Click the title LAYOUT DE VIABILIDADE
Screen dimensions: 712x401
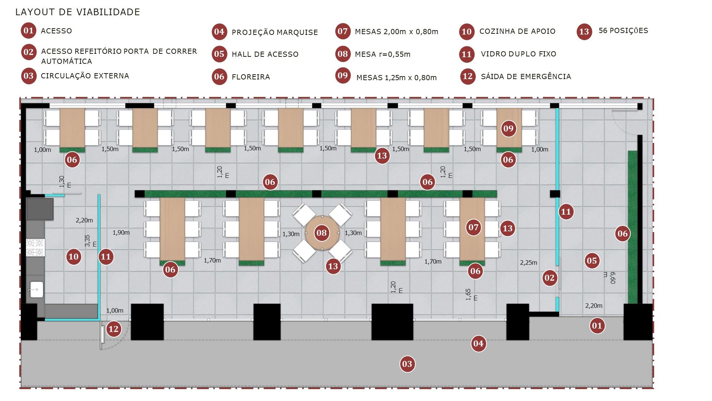point(78,12)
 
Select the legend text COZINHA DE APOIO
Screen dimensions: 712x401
point(517,31)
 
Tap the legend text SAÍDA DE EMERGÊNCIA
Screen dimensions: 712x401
point(526,76)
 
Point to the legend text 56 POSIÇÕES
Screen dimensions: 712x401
point(623,30)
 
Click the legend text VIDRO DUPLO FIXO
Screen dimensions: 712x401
point(518,54)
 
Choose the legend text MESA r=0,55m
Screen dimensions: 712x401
point(382,54)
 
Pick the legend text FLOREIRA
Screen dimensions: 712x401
point(251,77)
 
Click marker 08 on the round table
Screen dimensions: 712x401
point(322,233)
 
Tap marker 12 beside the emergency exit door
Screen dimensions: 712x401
point(113,329)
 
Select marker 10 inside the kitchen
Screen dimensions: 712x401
point(73,256)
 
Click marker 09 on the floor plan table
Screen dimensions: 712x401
point(508,128)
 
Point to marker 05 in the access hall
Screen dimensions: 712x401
point(592,261)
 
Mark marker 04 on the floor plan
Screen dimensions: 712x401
point(478,343)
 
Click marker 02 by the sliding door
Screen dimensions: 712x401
point(549,278)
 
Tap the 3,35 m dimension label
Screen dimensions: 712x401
point(90,241)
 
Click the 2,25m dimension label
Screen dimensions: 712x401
point(528,263)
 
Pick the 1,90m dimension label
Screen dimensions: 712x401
point(121,232)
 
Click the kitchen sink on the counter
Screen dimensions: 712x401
point(36,289)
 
